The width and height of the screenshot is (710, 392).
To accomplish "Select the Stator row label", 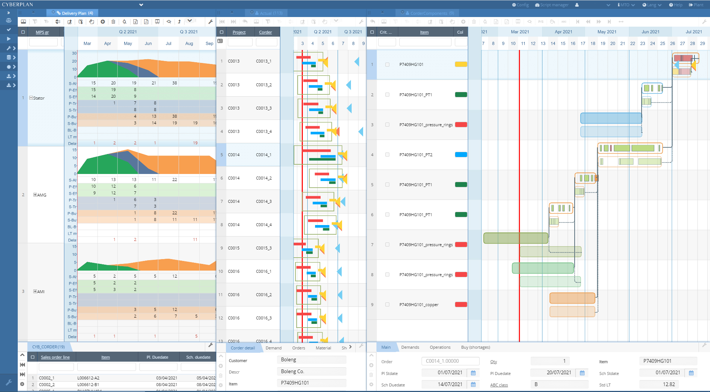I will tap(39, 98).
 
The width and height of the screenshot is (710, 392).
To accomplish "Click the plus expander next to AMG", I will tap(35, 195).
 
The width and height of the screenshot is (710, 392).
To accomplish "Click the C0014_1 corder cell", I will tap(264, 155).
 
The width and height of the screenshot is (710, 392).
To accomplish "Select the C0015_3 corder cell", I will tap(264, 248).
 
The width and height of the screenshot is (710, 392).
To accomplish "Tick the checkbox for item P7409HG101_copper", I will tap(387, 305).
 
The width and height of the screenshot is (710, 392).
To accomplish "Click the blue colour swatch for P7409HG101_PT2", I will tap(461, 155).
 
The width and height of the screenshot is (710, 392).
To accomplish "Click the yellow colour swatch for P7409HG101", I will tap(461, 64).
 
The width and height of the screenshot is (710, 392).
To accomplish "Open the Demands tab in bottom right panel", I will tap(410, 347).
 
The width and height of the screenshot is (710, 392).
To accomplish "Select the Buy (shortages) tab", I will tap(475, 347).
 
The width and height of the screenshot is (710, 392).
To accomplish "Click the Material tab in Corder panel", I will tap(323, 348).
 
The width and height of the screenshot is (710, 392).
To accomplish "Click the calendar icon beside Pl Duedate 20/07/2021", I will tap(582, 373).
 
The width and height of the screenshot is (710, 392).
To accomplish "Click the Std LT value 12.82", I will tap(669, 384).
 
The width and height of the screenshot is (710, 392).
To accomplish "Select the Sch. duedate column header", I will tap(198, 357).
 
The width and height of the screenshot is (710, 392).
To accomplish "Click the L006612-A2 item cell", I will tap(88, 378).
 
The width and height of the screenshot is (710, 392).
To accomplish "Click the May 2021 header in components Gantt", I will tap(607, 32).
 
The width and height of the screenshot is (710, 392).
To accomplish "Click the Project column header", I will tap(239, 32).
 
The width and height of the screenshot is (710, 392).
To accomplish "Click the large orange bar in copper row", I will tap(572, 298).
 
